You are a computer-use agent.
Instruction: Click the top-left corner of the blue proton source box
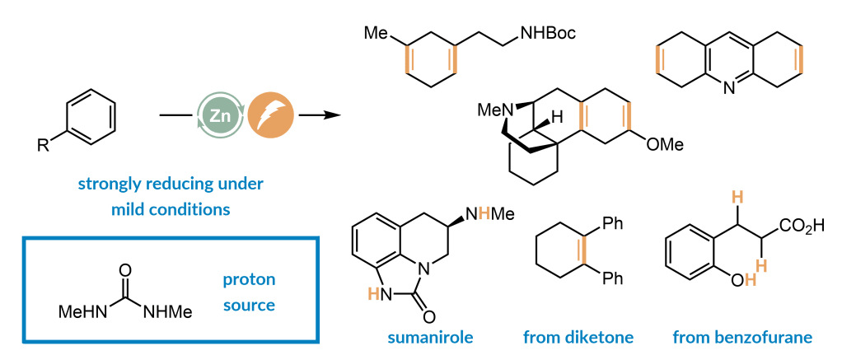[x=24, y=237]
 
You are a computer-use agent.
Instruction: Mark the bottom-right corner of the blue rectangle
[x=319, y=342]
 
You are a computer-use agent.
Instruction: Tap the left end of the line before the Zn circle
[x=160, y=115]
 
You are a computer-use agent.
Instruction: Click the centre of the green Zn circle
[x=219, y=115]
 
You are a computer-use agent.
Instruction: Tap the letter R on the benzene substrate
[x=42, y=146]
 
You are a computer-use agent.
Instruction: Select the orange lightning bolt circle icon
[x=271, y=115]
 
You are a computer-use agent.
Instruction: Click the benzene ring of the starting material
[x=91, y=115]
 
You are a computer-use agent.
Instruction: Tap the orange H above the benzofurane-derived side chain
[x=738, y=199]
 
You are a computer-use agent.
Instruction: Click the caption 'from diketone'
[x=578, y=338]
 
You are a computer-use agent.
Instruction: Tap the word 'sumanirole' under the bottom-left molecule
[x=431, y=338]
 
